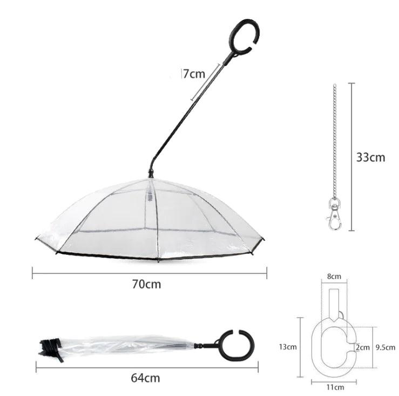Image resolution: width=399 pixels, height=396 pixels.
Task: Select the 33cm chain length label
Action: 370,157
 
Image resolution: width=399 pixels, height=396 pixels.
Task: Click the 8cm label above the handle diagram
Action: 334,276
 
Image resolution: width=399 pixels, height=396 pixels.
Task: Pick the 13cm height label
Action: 289,347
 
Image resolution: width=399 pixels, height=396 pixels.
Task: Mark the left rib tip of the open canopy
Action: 36,240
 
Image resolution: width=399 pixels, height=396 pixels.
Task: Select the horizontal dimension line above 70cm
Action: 149,273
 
